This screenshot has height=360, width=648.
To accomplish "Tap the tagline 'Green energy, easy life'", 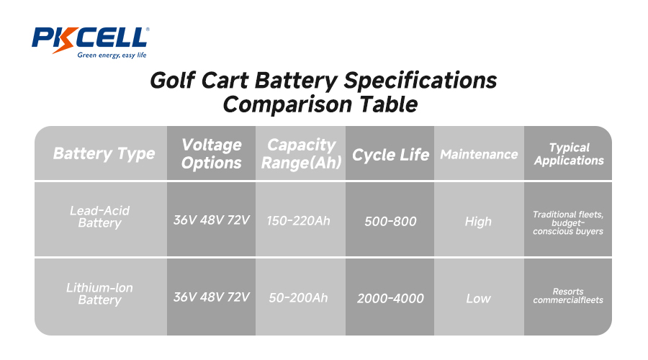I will tap(112, 55).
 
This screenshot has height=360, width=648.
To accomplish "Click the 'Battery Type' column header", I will tap(104, 153).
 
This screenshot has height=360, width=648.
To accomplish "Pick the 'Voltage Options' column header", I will tap(211, 153).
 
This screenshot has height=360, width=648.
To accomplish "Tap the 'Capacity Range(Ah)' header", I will tap(301, 153).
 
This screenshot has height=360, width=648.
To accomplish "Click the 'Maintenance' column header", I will tap(479, 154).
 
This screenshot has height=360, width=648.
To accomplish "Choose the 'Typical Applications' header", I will tap(568, 153).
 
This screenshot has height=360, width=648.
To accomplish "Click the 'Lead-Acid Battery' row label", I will tap(99, 217).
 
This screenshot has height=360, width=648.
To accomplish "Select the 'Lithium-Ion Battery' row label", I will tap(99, 293).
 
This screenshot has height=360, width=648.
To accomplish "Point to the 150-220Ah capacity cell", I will tap(298, 220).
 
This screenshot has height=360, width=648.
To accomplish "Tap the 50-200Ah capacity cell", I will tap(298, 297).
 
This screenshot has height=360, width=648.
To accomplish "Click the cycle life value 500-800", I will tap(390, 222).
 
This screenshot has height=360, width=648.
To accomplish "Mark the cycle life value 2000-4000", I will tap(390, 298).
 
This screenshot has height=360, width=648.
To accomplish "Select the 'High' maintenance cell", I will tap(478, 222).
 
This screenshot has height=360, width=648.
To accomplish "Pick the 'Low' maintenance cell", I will tap(478, 298).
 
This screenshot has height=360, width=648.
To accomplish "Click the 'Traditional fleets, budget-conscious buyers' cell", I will tap(568, 222).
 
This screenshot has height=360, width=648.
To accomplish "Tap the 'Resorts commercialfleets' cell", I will tap(568, 296).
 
